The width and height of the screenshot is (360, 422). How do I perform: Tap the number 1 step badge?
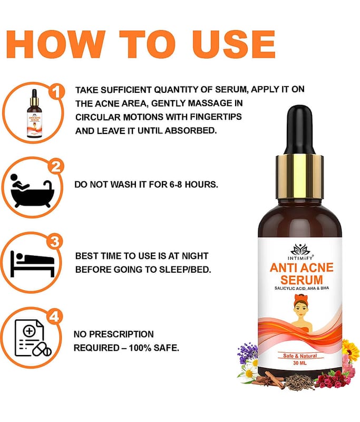[x=56, y=92]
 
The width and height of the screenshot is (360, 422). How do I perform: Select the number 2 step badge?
[x=56, y=167]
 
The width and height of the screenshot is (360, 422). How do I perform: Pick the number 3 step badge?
[x=55, y=242]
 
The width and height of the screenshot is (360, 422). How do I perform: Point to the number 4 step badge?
[x=54, y=316]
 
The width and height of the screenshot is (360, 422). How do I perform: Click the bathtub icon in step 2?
[x=32, y=191]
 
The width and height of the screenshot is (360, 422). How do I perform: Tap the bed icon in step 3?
[x=32, y=264]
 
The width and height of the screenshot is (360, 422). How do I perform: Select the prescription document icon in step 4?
[x=33, y=338]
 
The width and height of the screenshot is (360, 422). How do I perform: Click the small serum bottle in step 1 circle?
[x=34, y=114]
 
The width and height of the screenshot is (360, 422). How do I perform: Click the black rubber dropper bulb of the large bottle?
[x=300, y=131]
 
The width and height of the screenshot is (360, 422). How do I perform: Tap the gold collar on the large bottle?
[x=300, y=177]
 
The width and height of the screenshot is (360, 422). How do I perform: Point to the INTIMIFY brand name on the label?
[x=300, y=258]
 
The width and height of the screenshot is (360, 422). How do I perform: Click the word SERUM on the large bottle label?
[x=301, y=280]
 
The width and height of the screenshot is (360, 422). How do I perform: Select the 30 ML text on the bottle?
[x=300, y=363]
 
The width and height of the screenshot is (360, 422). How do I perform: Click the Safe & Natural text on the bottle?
[x=300, y=356]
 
